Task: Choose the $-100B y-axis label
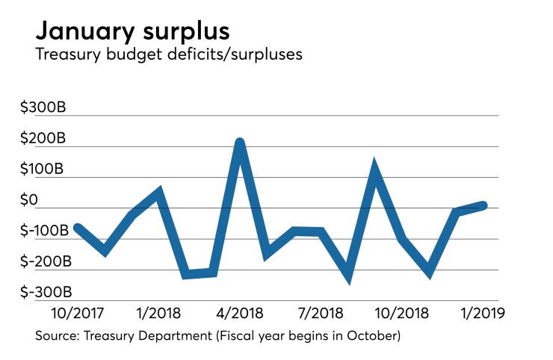click(x=46, y=231)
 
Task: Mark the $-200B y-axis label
click(x=46, y=261)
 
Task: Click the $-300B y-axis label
click(x=46, y=291)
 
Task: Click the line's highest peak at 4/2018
click(x=239, y=142)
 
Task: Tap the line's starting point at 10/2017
click(x=77, y=228)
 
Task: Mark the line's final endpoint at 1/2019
click(x=484, y=205)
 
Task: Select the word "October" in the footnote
click(x=372, y=336)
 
